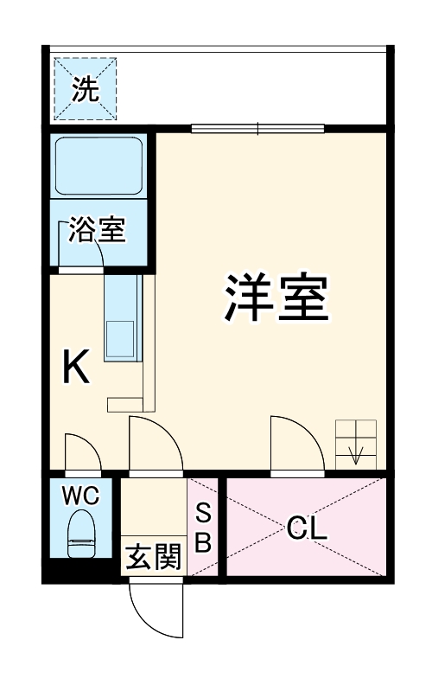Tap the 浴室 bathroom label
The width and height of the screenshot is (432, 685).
tap(98, 230)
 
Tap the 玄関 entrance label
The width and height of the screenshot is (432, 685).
tap(154, 558)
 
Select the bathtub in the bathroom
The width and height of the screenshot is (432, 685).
tap(98, 166)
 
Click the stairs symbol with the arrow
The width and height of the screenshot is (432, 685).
tap(356, 442)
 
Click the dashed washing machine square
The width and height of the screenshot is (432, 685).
tap(86, 88)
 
